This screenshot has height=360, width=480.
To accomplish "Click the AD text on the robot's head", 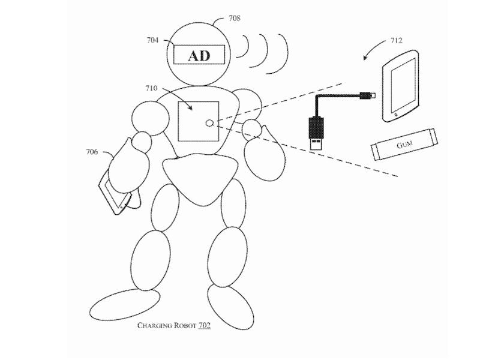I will pyautogui.click(x=200, y=56).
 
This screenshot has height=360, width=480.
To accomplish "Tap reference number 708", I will pyautogui.click(x=235, y=18).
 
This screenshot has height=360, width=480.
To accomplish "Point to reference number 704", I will pyautogui.click(x=152, y=41).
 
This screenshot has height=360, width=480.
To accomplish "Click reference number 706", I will pyautogui.click(x=92, y=152).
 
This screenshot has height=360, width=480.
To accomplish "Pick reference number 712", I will pyautogui.click(x=396, y=41).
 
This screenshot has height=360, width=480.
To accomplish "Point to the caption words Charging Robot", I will pyautogui.click(x=163, y=326).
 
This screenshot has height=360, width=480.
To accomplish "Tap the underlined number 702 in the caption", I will pyautogui.click(x=203, y=326).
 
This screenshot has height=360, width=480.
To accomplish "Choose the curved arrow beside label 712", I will pyautogui.click(x=373, y=49).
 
